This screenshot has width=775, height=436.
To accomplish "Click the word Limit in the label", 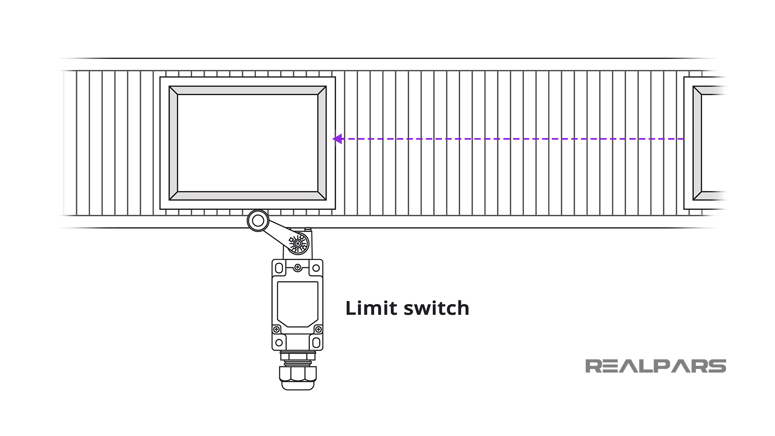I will coord(371,308).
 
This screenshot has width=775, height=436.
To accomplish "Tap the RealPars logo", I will coord(655,366).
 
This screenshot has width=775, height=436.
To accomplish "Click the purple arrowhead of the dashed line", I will coord(337,139).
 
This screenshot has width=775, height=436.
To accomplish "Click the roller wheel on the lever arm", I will coord(258,221).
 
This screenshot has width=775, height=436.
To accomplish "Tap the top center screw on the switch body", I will coord(297,267).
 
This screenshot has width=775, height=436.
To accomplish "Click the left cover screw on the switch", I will coord(276,329).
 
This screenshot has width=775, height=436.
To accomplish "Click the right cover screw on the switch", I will coord(318,329).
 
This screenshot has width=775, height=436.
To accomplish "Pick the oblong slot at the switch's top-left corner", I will coord(279,268).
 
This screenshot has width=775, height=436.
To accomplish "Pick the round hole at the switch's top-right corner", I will coord(316,268).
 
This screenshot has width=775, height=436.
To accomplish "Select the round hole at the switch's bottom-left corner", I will coord(279,343).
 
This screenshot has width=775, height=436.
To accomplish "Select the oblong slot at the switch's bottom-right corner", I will coord(316,343).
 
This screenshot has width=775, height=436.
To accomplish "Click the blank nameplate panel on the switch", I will coord(297,304).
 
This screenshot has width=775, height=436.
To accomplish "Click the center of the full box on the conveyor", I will coord(247,143).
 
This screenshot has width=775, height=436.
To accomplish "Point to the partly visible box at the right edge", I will coord(706,143).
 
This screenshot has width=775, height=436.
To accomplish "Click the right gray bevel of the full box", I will coord(322,143).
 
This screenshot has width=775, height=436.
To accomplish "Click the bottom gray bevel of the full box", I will coord(247,196).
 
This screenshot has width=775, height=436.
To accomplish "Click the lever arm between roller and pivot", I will coord(278,233).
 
